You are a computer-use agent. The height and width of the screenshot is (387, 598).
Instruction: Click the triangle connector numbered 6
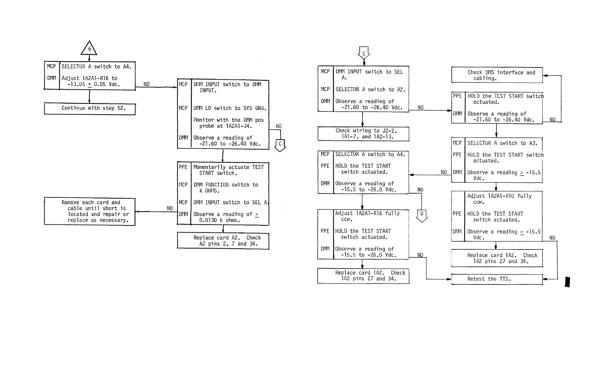(89, 49)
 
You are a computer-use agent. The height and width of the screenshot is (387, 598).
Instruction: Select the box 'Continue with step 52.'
(90, 108)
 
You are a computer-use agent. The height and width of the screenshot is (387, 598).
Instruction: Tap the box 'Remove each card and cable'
(90, 211)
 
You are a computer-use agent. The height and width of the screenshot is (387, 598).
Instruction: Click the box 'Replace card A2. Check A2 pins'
(223, 241)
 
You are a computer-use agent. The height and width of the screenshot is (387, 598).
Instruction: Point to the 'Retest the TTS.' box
(497, 279)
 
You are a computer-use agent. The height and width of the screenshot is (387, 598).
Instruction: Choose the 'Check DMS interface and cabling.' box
(497, 75)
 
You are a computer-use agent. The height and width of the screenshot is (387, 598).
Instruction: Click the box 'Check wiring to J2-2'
(363, 134)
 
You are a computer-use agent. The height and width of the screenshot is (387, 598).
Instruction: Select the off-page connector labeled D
(422, 215)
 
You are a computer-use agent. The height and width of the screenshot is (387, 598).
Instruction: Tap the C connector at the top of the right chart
(364, 53)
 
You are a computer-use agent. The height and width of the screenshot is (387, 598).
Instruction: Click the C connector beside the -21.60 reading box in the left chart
(280, 145)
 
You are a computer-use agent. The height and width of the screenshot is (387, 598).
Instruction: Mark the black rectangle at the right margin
(567, 282)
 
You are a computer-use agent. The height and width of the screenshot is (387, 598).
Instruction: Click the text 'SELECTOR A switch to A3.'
(502, 143)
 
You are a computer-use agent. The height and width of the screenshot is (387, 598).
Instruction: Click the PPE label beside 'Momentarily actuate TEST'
(183, 167)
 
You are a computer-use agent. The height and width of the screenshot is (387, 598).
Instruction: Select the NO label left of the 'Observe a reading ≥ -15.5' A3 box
(444, 172)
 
